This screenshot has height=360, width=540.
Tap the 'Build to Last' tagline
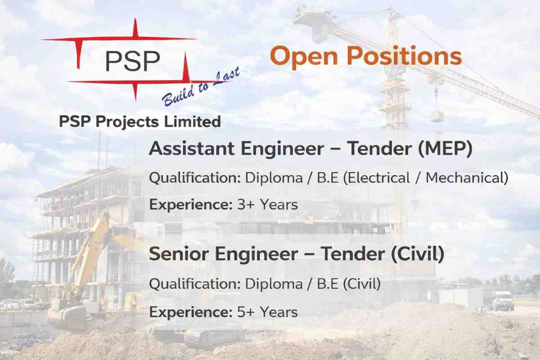pyautogui.click(x=201, y=86)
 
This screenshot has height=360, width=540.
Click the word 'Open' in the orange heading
pyautogui.click(x=304, y=57)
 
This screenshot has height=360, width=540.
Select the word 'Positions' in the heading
pyautogui.click(x=404, y=56)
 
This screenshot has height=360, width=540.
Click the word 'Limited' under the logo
pyautogui.click(x=193, y=121)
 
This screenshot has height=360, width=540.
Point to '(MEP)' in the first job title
pyautogui.click(x=445, y=149)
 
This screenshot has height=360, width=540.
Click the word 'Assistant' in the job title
pyautogui.click(x=192, y=148)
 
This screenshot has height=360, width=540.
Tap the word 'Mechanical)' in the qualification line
pyautogui.click(x=467, y=178)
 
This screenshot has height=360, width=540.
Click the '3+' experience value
pyautogui.click(x=246, y=205)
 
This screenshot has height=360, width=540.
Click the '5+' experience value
pyautogui.click(x=246, y=312)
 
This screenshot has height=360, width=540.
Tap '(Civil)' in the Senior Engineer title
pyautogui.click(x=418, y=254)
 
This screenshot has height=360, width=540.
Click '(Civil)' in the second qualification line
pyautogui.click(x=362, y=284)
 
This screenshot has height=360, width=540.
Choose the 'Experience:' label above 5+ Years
pyautogui.click(x=191, y=312)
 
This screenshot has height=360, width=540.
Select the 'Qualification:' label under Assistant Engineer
pyautogui.click(x=195, y=178)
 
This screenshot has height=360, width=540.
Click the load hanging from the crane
pyautogui.click(x=437, y=116)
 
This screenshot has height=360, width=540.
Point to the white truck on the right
pyautogui.click(x=502, y=301)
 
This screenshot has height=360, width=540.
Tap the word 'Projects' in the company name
pyautogui.click(x=127, y=122)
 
